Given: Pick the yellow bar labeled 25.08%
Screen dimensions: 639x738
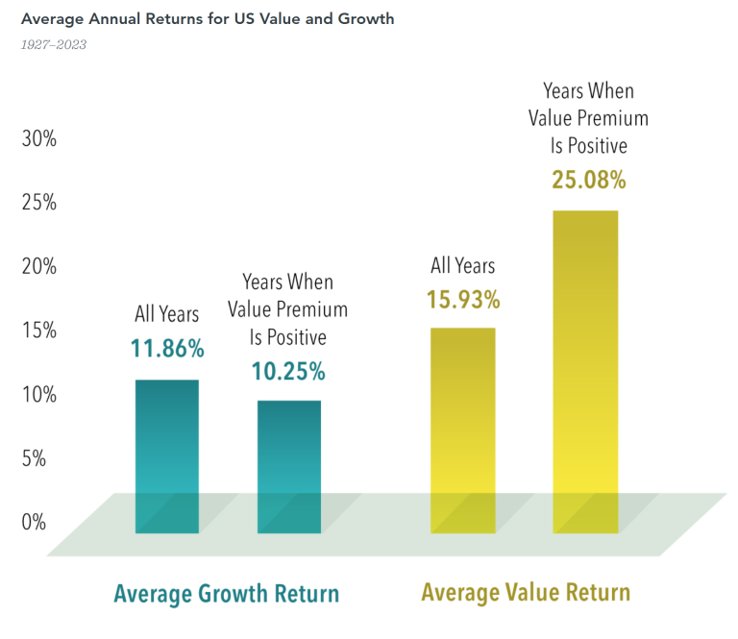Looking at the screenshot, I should [x=585, y=371].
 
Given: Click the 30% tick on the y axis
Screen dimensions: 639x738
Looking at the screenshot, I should [x=38, y=138].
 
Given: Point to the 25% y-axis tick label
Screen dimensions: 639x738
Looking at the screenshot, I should [x=38, y=203].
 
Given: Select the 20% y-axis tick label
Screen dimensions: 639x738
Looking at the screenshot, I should [x=38, y=266].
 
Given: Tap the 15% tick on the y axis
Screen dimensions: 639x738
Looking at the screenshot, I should [x=38, y=331].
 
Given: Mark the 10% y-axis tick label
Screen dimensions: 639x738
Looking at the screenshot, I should [x=38, y=394].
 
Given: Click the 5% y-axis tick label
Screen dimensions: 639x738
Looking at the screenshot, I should [x=35, y=458].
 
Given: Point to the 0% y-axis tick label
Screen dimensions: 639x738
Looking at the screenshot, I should [x=35, y=522].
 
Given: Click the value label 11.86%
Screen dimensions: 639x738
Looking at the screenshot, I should [x=167, y=349].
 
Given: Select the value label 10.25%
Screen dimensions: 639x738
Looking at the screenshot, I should [x=288, y=371].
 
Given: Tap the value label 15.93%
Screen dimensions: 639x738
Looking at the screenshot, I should [x=463, y=300].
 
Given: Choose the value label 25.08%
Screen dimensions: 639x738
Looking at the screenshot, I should [x=589, y=180].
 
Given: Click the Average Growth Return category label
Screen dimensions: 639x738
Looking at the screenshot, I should [x=227, y=594].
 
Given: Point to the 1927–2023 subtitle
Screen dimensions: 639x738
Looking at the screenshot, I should [x=54, y=44].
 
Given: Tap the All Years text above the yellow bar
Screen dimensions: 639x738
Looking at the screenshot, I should [x=463, y=267].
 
